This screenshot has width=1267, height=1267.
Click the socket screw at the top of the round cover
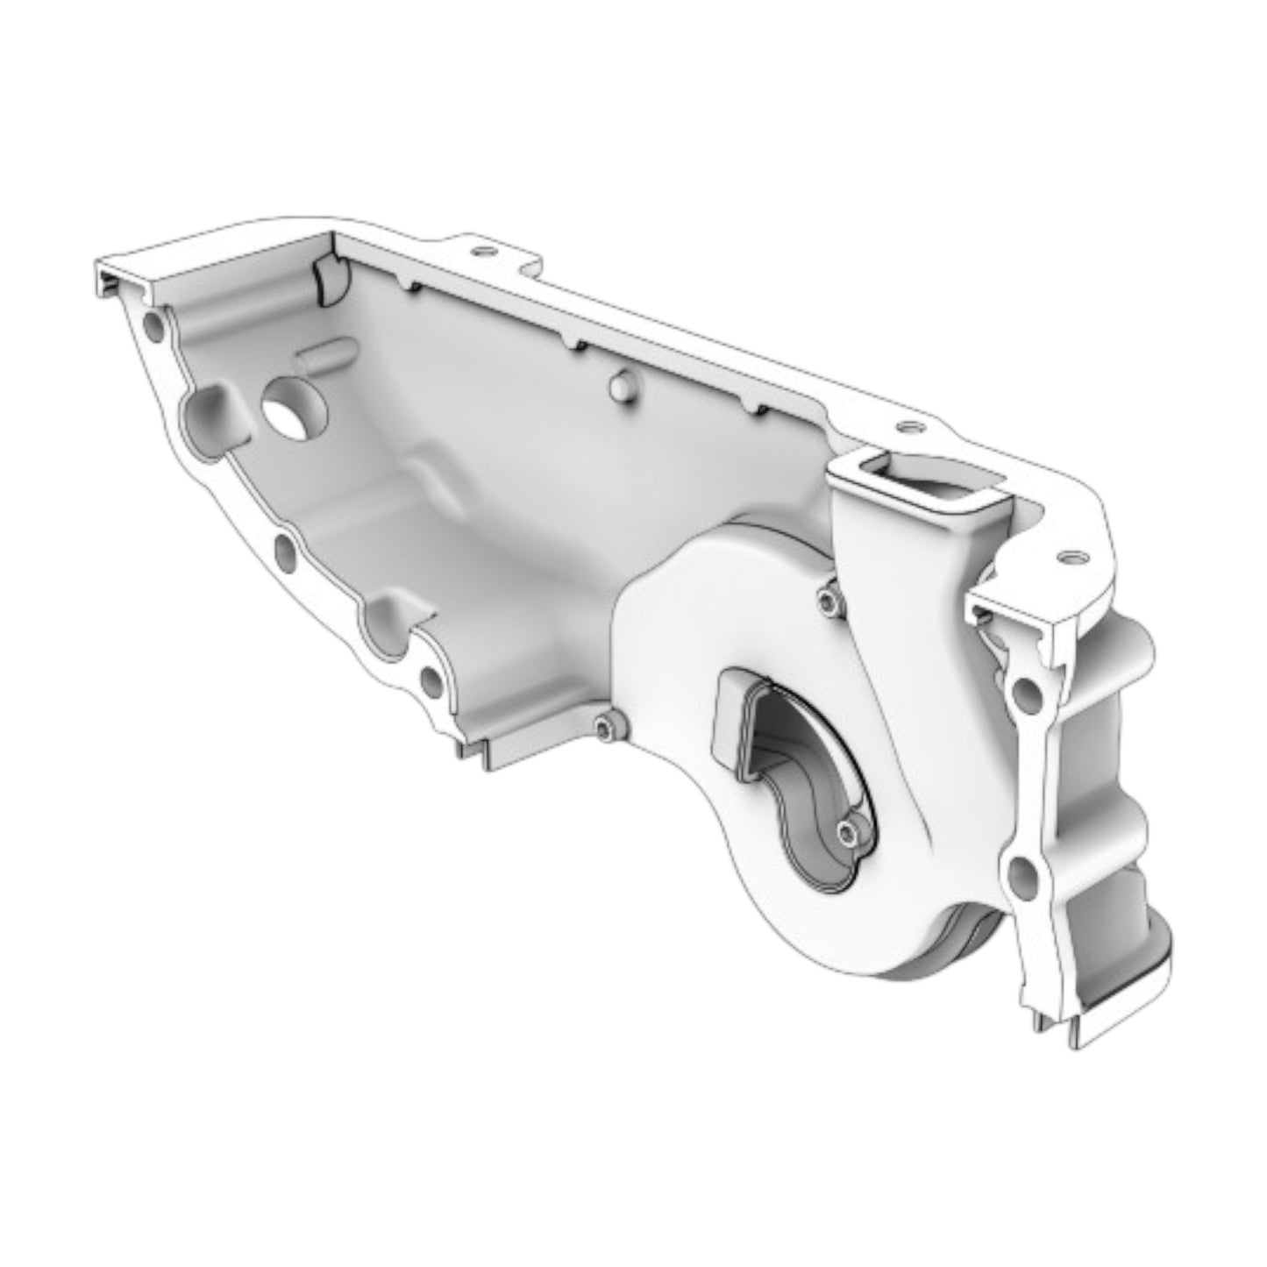[x=830, y=599]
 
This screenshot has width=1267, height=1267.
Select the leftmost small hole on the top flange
[x=478, y=251]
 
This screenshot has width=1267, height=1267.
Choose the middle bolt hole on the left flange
[x=285, y=550]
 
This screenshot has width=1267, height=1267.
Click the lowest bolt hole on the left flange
[x=430, y=679]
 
